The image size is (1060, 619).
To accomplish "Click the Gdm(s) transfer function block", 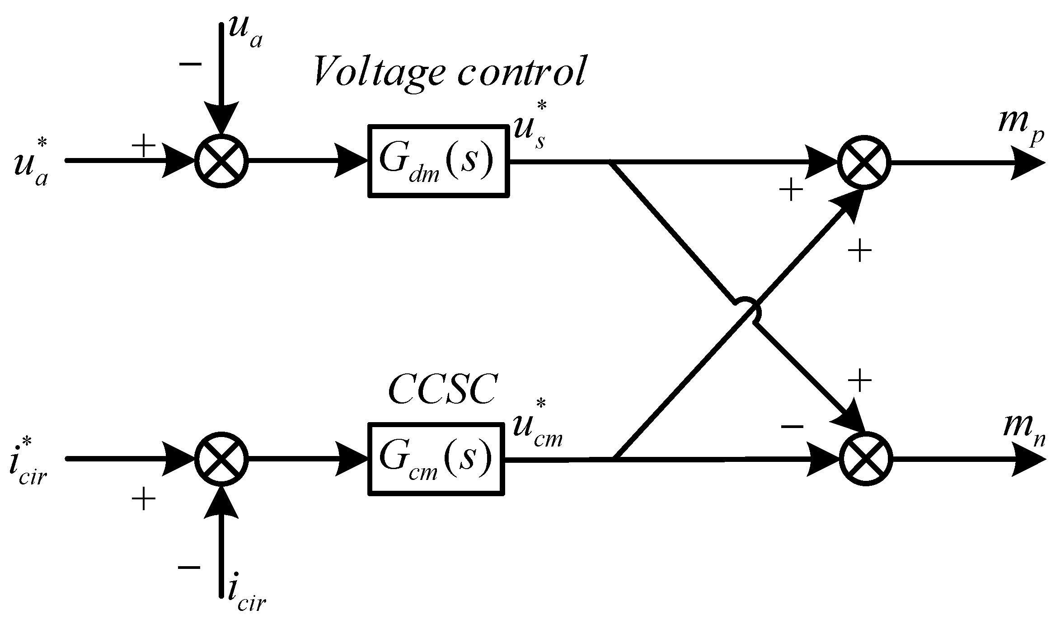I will coord(438,161).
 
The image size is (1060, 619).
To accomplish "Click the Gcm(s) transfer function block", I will coord(436,459).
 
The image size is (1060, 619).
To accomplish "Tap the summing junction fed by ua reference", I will coord(221,161).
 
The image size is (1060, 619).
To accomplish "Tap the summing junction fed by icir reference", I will coord(221,459).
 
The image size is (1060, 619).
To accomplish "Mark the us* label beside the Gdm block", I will coord(531,129).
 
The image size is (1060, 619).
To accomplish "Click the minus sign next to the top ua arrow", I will coord(190,64).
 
